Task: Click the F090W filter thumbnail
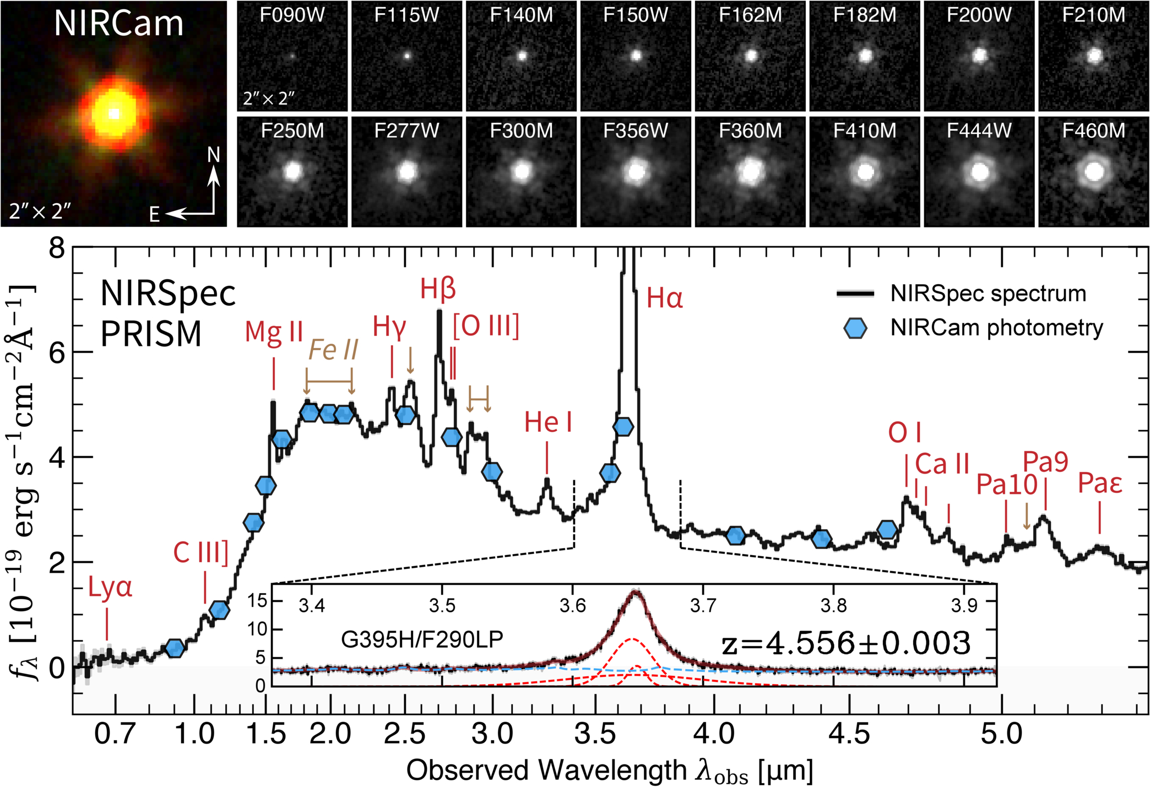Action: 292,56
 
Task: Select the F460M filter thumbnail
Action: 1093,172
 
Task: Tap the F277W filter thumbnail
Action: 407,172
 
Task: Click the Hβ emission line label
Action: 438,288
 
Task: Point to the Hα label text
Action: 665,298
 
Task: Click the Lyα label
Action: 110,589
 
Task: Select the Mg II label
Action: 274,332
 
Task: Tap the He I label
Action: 547,422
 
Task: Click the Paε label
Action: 1099,483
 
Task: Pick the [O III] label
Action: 486,327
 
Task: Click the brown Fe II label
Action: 333,349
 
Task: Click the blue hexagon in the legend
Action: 855,328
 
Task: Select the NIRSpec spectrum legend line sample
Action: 855,294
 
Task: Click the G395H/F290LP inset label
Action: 422,639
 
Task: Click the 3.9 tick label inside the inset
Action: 964,605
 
